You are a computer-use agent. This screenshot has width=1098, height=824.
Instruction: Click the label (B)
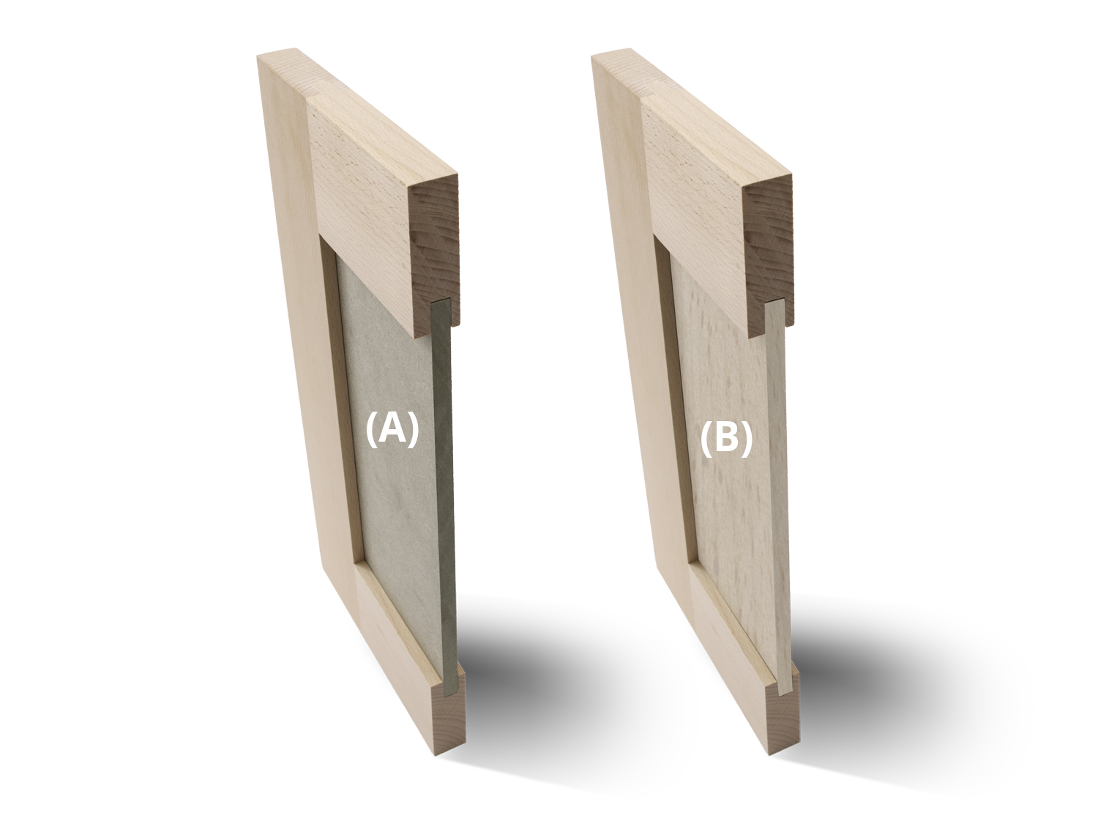(725, 439)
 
